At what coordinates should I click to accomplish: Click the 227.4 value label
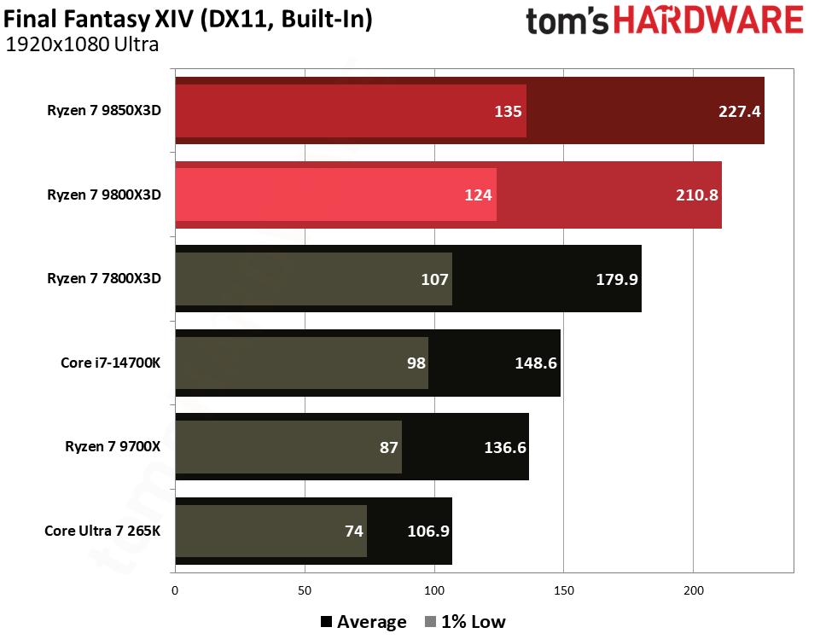[x=739, y=111]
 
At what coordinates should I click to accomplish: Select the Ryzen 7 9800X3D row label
[x=104, y=195]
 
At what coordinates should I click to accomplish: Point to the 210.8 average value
[x=696, y=195]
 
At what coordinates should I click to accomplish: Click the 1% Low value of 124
[x=479, y=195]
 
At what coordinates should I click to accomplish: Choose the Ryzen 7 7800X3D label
[x=104, y=278]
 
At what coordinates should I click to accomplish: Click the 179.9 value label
[x=616, y=278]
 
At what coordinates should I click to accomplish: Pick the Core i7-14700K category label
[x=111, y=363]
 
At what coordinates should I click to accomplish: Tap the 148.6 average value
[x=535, y=363]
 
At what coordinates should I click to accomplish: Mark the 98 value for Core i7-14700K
[x=416, y=363]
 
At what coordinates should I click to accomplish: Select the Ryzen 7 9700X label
[x=113, y=446]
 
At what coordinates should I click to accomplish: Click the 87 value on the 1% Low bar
[x=389, y=446]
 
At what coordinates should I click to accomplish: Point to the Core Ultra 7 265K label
[x=102, y=531]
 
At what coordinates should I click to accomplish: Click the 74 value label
[x=354, y=531]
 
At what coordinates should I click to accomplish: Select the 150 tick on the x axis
[x=563, y=590]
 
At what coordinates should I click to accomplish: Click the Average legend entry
[x=363, y=622]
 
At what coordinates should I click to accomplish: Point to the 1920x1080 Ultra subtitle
[x=82, y=45]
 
